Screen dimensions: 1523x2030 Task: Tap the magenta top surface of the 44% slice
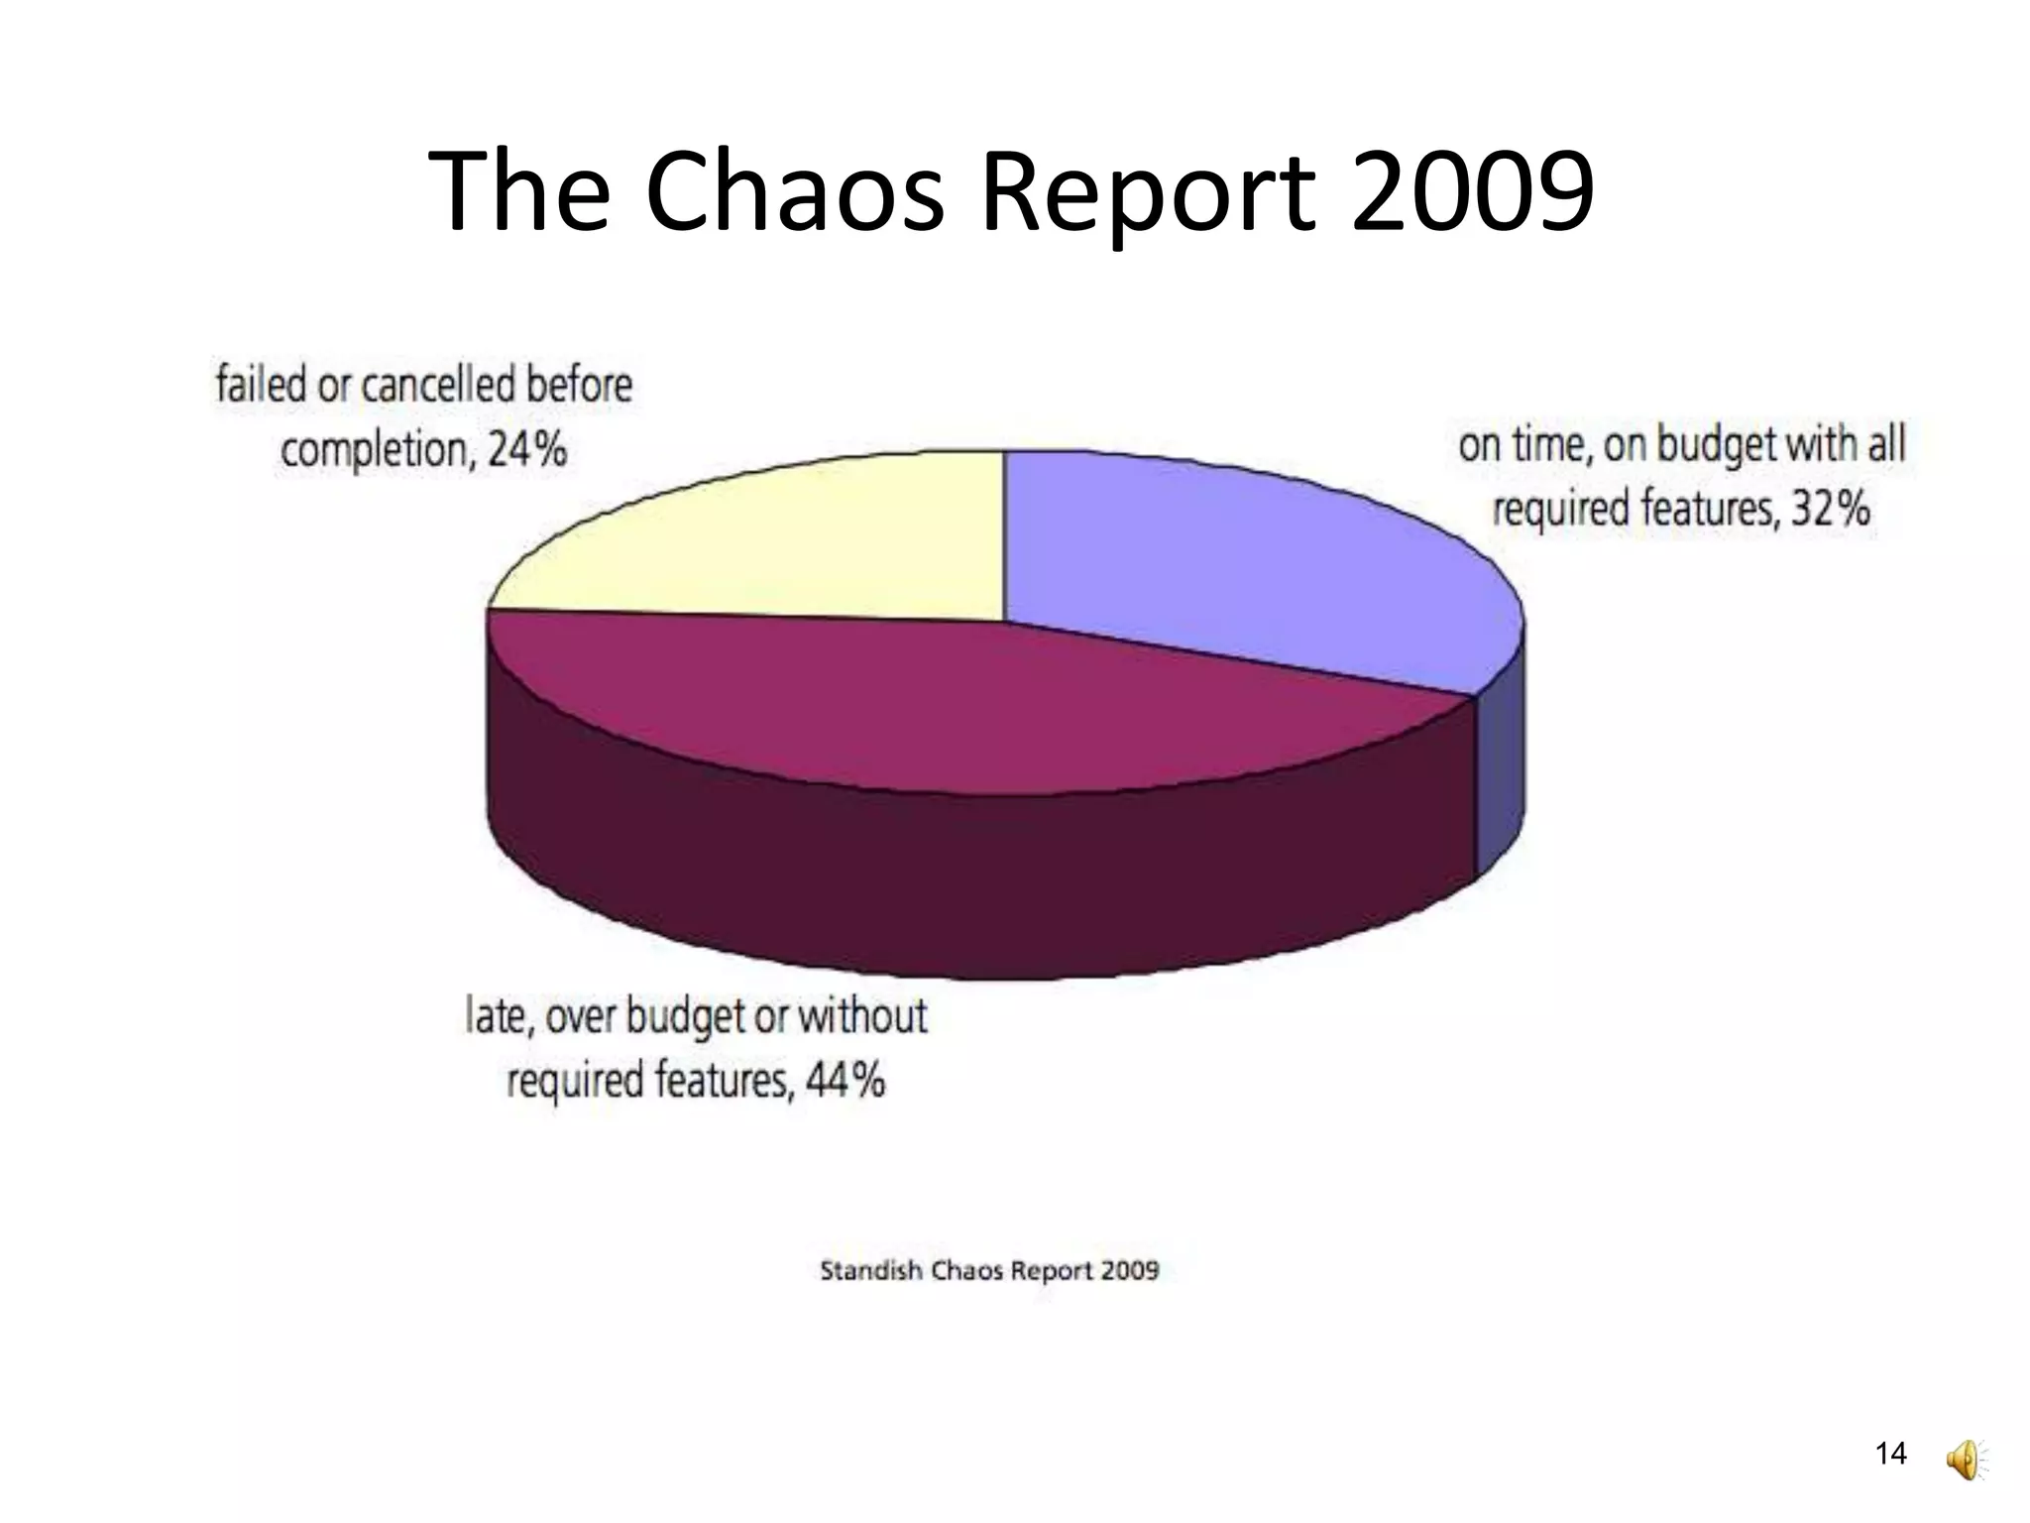pyautogui.click(x=942, y=704)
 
